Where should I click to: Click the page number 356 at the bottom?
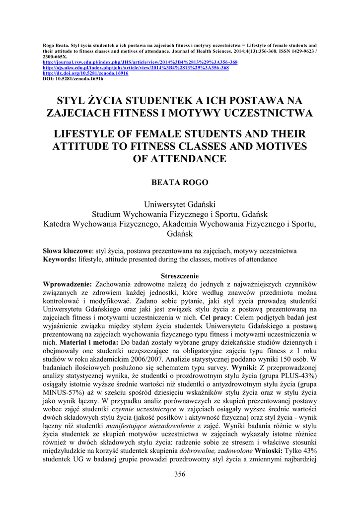[180, 474]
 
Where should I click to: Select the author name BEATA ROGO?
[180, 183]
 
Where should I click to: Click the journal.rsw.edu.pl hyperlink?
[140, 63]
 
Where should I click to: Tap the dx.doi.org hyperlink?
[86, 73]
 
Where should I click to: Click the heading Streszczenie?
[180, 276]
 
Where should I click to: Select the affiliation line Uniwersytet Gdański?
[180, 204]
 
